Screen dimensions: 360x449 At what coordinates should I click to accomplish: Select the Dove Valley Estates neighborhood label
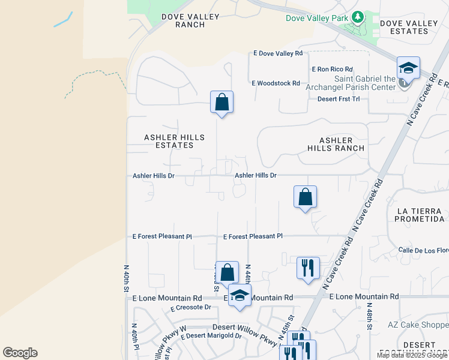[x=409, y=27]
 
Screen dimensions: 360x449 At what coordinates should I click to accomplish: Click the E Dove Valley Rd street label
[x=278, y=53]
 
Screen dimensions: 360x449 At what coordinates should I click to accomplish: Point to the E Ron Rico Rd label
[x=331, y=70]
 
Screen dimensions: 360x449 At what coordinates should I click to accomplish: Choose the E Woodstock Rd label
[x=276, y=83]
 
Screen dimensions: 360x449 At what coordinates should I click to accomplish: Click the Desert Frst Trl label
[x=338, y=98]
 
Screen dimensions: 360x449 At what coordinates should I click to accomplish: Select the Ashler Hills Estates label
[x=174, y=142]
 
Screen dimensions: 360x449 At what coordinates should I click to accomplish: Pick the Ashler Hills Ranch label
[x=336, y=144]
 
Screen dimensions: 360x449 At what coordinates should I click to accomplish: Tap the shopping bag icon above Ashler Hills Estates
[x=221, y=102]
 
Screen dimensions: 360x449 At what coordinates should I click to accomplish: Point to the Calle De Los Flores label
[x=423, y=250]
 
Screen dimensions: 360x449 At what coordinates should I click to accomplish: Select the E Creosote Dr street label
[x=191, y=308]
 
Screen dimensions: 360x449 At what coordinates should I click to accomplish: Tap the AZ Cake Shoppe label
[x=418, y=325]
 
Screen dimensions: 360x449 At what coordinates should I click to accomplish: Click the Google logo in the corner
[x=20, y=353]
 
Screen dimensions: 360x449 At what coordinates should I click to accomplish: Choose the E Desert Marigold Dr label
[x=206, y=336]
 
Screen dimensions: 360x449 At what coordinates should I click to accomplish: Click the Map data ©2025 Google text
[x=412, y=355]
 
